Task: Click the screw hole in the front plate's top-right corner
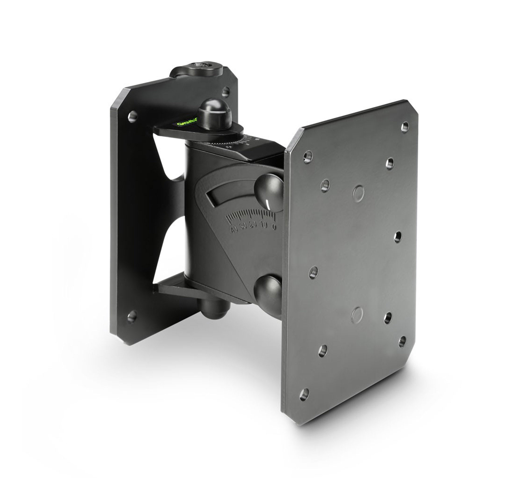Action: (x=405, y=126)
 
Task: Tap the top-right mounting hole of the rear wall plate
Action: (x=226, y=92)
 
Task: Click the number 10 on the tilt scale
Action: (x=263, y=226)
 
